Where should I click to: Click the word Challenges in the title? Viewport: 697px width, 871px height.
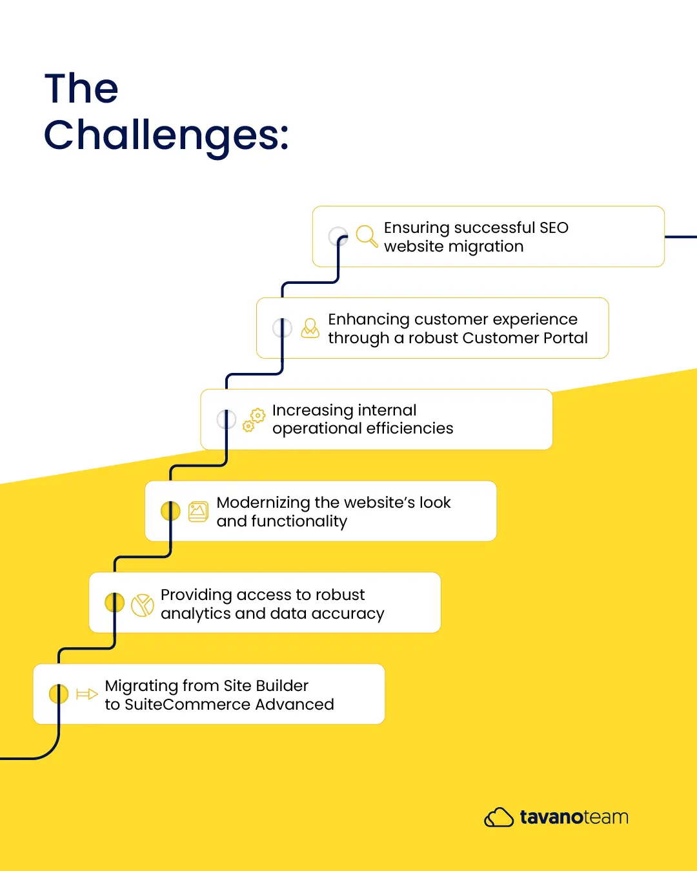[166, 136]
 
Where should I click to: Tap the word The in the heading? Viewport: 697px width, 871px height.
[81, 88]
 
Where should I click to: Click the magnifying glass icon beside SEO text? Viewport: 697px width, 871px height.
[367, 236]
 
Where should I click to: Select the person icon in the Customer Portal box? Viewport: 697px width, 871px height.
[310, 328]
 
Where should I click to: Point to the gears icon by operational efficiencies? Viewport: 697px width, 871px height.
[254, 420]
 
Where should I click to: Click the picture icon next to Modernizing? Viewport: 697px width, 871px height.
[198, 512]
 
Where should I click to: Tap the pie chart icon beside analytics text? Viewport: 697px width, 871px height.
[143, 605]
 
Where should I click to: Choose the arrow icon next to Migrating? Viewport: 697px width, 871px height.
[87, 694]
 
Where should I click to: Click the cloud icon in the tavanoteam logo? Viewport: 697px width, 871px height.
[499, 817]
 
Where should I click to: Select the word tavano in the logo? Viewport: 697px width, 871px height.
[552, 817]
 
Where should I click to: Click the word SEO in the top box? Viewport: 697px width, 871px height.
[554, 228]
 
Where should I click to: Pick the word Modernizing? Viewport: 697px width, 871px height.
[263, 503]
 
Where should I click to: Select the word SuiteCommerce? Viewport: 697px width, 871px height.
[188, 705]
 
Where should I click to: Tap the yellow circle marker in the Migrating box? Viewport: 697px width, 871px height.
[58, 694]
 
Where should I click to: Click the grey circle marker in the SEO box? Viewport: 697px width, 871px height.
[338, 236]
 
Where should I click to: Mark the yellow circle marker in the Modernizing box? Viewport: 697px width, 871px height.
[170, 511]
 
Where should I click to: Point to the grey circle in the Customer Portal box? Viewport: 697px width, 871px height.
[282, 328]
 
